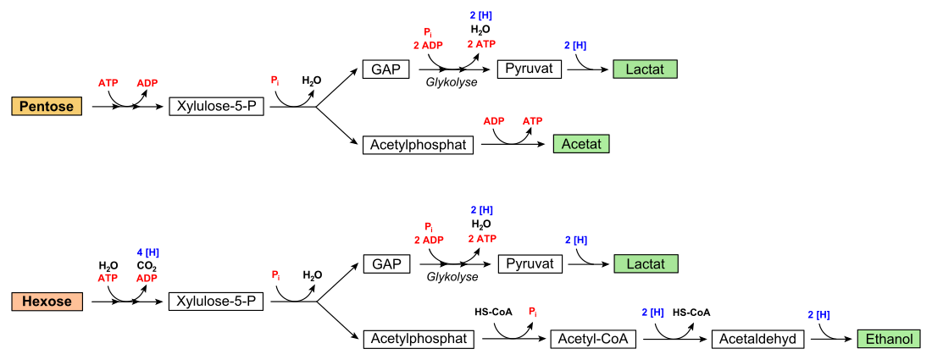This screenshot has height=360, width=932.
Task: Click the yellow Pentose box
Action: [47, 107]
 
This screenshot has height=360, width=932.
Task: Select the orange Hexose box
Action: [47, 302]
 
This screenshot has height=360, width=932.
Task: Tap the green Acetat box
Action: [581, 144]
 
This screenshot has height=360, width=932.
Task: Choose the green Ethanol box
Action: [889, 339]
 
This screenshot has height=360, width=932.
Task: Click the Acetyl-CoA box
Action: [593, 339]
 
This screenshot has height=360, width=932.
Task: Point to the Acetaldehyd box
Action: [757, 339]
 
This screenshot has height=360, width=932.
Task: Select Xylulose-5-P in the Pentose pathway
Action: [216, 107]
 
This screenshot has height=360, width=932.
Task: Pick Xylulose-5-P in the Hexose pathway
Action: [216, 302]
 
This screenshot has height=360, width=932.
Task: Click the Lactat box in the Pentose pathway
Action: [646, 69]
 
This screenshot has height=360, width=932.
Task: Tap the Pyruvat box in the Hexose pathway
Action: [530, 263]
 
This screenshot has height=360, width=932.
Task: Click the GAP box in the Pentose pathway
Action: [386, 69]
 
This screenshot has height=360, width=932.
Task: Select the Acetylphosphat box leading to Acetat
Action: [418, 144]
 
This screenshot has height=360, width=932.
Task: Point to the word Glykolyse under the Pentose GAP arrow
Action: [452, 82]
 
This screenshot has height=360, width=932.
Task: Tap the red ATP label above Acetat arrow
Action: [533, 121]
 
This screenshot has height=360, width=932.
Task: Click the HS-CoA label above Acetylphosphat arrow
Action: [489, 311]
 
